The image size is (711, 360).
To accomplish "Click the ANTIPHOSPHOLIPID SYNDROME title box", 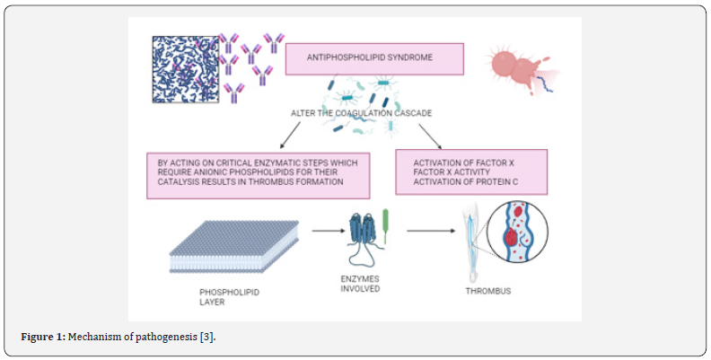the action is tap(374, 59).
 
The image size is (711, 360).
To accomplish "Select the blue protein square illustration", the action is tap(186, 69).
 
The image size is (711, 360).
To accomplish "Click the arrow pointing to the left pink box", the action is tap(290, 136).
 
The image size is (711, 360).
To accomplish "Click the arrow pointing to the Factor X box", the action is tap(430, 136).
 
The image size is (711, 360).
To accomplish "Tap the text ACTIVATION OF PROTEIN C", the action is tap(466, 182).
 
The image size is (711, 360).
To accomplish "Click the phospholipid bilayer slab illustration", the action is tap(234, 247).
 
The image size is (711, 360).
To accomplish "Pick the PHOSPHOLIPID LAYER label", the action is tap(229, 297).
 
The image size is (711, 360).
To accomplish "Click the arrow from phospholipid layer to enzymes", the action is tap(329, 231).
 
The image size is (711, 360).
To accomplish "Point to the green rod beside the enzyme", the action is tap(386, 226).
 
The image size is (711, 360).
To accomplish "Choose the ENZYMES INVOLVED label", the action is tap(360, 284).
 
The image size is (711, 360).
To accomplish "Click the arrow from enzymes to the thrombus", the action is tap(431, 231).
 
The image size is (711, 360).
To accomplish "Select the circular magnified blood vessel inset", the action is tap(517, 233).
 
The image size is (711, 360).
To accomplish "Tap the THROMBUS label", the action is tap(487, 291).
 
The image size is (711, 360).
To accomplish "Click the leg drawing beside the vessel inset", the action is tap(471, 242).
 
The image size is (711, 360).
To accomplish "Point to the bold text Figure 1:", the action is tap(43, 338).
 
